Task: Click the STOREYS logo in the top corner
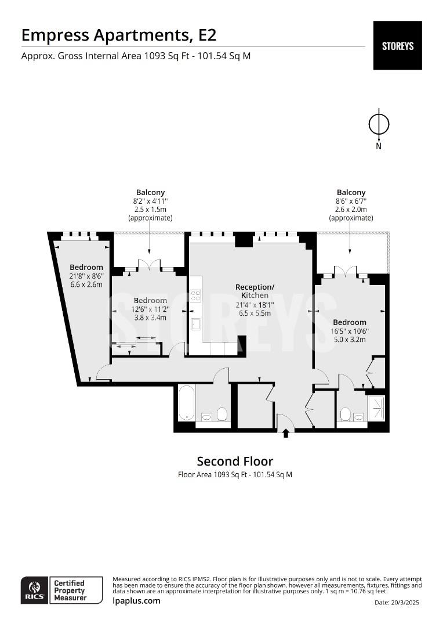[x=397, y=45]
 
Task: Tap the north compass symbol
[x=379, y=124]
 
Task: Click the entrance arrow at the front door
[x=285, y=433]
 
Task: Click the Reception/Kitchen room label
[x=255, y=291]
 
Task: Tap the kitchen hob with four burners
[x=195, y=295]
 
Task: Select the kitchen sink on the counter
[x=195, y=324]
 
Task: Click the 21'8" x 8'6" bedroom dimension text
[x=86, y=276]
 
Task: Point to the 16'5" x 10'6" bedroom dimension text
[x=350, y=331]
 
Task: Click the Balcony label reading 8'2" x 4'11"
[x=150, y=201]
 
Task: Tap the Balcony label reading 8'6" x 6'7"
[x=351, y=201]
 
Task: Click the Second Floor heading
[x=235, y=461]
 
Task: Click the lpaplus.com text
[x=136, y=601]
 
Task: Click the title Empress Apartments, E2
[x=119, y=35]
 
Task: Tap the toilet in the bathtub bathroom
[x=221, y=414]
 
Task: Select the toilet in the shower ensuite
[x=346, y=414]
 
